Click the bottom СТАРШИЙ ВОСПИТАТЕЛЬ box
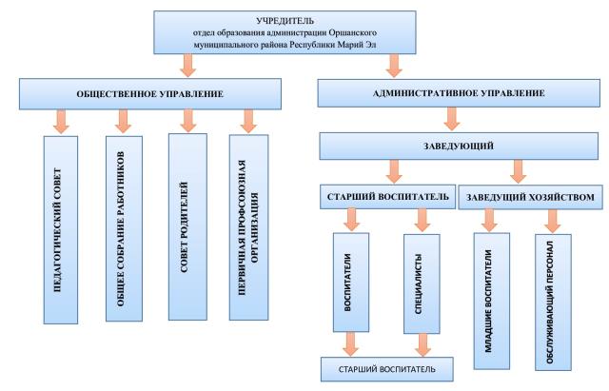pos(384,366)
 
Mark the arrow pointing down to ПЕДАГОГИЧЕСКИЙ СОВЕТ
pos(63,121)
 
